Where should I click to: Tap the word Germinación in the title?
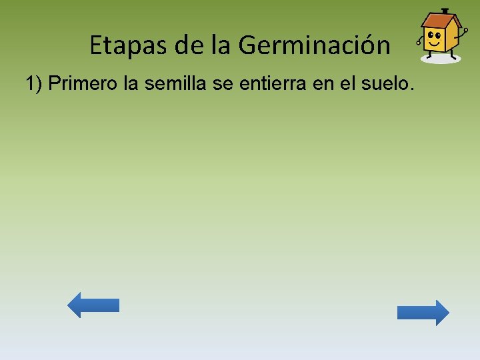click(314, 45)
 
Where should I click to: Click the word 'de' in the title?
click(189, 45)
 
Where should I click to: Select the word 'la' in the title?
click(221, 45)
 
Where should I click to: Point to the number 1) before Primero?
click(35, 85)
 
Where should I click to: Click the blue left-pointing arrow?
click(93, 305)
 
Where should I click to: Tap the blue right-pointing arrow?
click(423, 313)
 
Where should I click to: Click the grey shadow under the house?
click(441, 59)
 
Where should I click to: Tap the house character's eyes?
click(435, 35)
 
